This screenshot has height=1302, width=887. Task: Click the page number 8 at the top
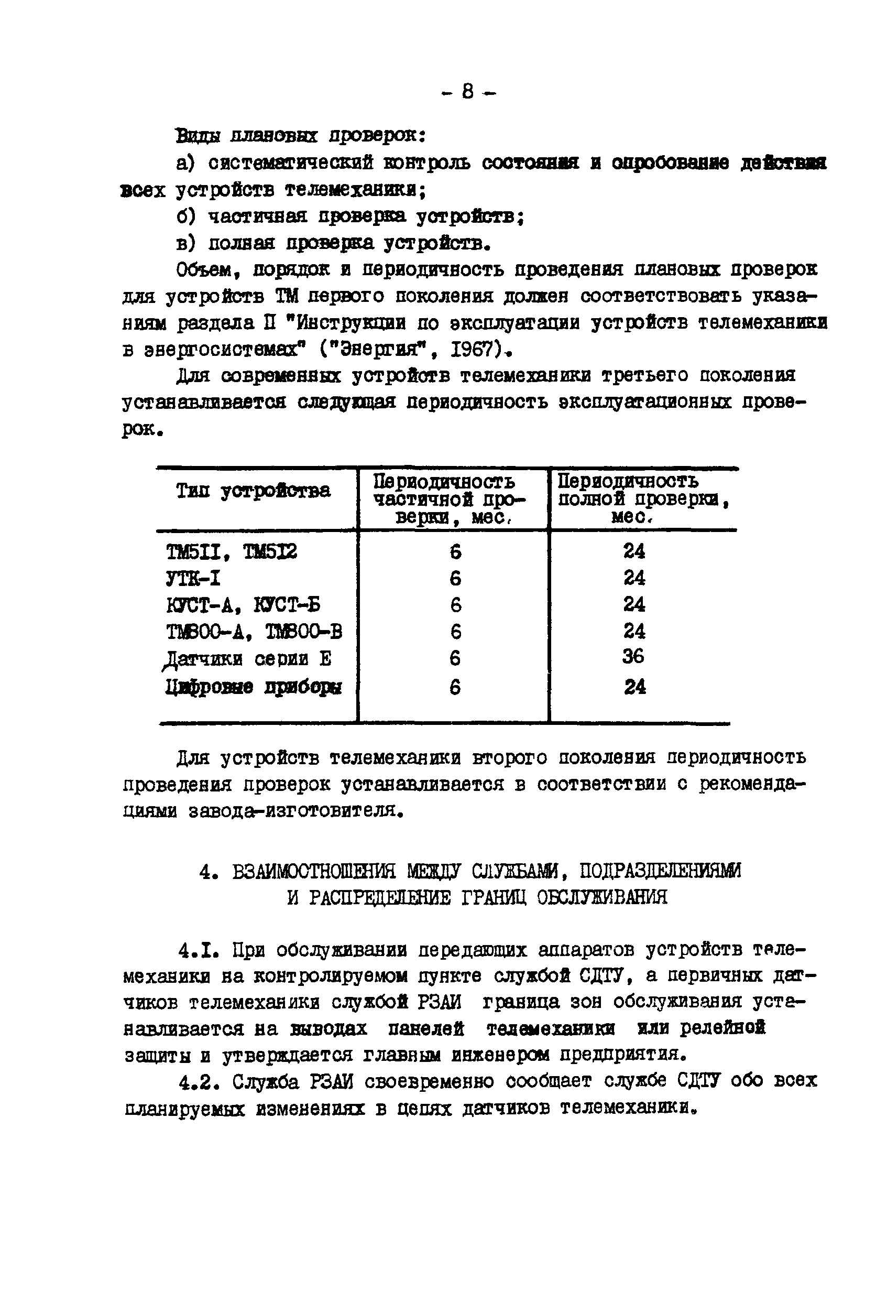467,91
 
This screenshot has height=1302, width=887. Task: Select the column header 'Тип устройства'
253,491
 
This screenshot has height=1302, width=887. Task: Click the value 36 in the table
633,657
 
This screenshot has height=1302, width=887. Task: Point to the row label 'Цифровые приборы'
253,687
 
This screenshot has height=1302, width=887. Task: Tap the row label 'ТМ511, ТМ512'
231,552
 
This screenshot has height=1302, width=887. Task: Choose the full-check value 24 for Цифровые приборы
635,687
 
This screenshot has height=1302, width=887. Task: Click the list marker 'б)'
185,216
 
